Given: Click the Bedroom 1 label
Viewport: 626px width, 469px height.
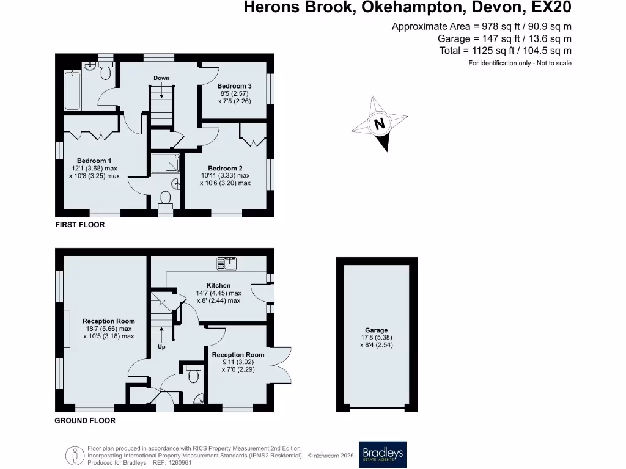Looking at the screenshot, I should (x=94, y=161).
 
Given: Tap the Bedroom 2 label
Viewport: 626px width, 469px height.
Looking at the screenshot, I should (x=225, y=168).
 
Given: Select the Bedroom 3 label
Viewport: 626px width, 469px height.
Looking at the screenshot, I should (x=235, y=86).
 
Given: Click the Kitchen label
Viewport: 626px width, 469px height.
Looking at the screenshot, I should (x=218, y=285).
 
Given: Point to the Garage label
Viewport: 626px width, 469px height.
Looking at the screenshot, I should (x=377, y=330).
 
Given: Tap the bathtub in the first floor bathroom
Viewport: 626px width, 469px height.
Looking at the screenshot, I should (x=72, y=90).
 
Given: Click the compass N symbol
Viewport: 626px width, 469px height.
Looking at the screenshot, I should (x=380, y=125).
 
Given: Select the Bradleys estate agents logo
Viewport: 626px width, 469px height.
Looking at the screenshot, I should (x=383, y=454).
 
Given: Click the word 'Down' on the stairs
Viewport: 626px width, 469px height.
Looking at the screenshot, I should (x=161, y=78).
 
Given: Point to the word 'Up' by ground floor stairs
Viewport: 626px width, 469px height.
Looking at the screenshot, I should (x=161, y=346).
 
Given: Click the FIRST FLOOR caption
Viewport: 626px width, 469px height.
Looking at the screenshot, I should (x=80, y=225).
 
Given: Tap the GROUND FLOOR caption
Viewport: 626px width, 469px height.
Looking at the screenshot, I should (x=85, y=420).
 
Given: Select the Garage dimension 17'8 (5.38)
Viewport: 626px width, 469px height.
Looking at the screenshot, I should (x=377, y=338).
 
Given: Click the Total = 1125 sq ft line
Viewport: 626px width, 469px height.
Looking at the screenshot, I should (x=505, y=51).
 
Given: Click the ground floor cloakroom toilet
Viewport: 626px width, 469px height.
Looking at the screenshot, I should (x=194, y=374).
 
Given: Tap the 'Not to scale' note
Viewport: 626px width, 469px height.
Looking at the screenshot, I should (x=554, y=63).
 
